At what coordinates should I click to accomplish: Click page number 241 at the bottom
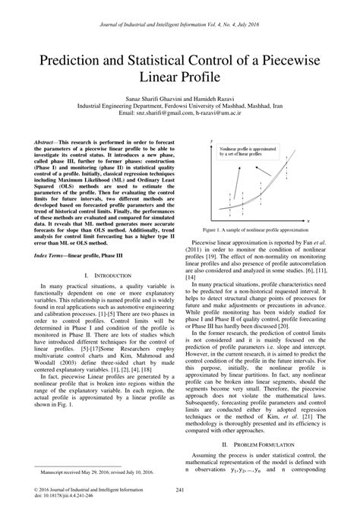(180, 489)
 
